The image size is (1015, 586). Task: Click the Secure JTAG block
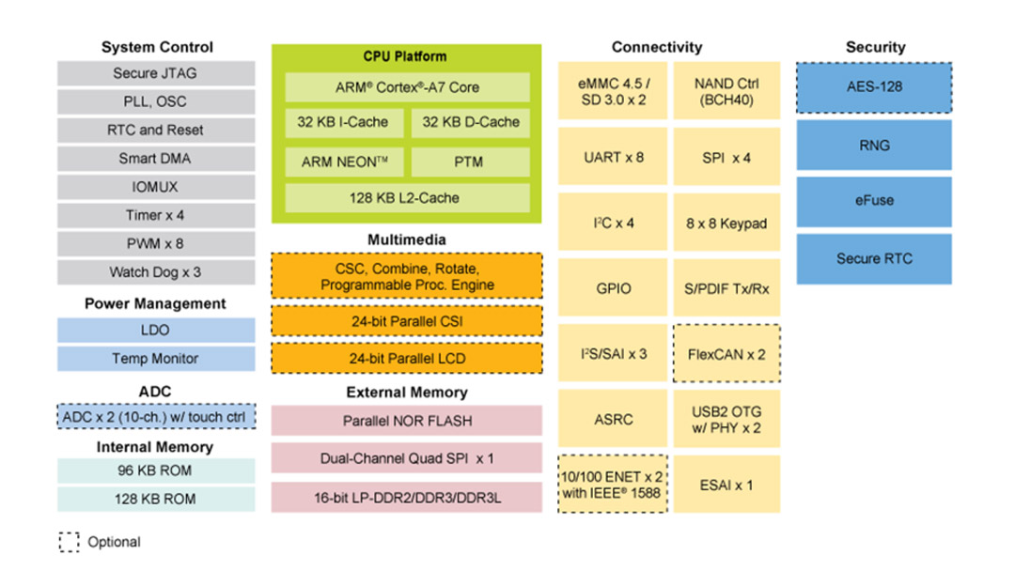pyautogui.click(x=155, y=73)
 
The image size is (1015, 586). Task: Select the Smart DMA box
pyautogui.click(x=155, y=159)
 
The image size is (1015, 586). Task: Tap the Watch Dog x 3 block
pyautogui.click(x=155, y=272)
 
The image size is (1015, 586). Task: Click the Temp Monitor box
pyautogui.click(x=155, y=359)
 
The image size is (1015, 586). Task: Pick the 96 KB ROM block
pyautogui.click(x=155, y=471)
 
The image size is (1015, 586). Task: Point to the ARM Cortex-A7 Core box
pyautogui.click(x=407, y=87)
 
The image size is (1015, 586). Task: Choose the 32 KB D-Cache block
pyautogui.click(x=471, y=122)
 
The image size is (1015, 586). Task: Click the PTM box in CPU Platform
pyautogui.click(x=471, y=162)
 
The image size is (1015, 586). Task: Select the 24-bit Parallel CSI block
pyautogui.click(x=407, y=321)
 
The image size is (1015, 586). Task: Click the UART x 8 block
pyautogui.click(x=614, y=158)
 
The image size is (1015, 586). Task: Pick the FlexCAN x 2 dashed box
pyautogui.click(x=726, y=354)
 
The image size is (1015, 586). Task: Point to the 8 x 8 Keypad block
pyautogui.click(x=726, y=224)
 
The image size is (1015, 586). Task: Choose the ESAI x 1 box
pyautogui.click(x=726, y=486)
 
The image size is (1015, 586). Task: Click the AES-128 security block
pyautogui.click(x=874, y=87)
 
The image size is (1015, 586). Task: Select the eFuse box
pyautogui.click(x=874, y=201)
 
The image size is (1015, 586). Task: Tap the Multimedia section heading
pyautogui.click(x=407, y=239)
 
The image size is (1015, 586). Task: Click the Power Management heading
pyautogui.click(x=155, y=303)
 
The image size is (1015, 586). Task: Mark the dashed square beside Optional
pyautogui.click(x=69, y=542)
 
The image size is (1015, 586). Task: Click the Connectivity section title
pyautogui.click(x=657, y=47)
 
